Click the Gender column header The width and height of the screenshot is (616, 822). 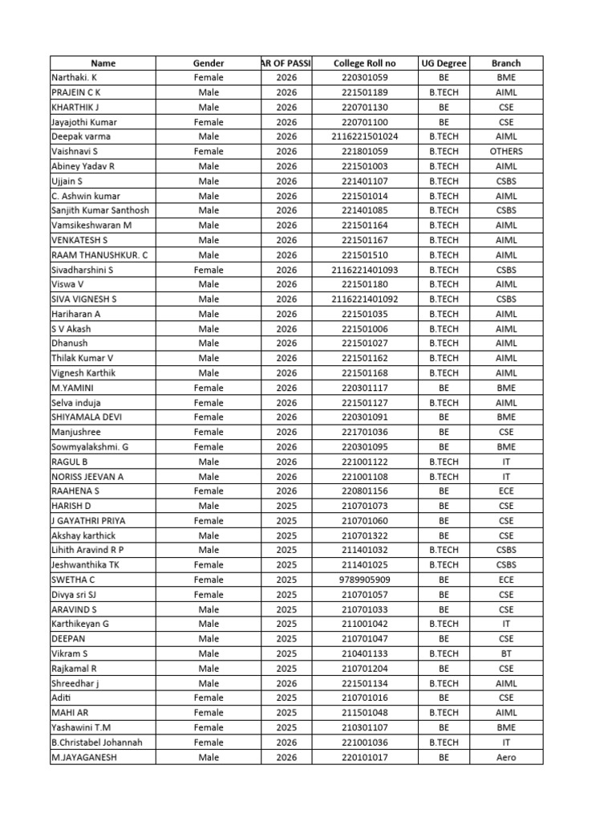209,63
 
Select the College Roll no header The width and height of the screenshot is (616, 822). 364,63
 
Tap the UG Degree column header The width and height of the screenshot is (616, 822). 443,63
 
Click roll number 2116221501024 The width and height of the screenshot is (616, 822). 364,136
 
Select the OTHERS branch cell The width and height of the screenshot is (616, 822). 505,151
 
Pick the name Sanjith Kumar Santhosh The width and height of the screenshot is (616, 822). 99,210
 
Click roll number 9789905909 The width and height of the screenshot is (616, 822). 364,580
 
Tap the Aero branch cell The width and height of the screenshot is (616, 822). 505,757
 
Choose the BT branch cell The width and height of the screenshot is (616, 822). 505,653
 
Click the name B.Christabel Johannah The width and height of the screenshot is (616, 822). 96,743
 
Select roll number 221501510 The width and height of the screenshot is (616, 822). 364,254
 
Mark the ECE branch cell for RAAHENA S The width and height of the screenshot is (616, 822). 505,490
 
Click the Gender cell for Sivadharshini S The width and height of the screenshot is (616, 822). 209,270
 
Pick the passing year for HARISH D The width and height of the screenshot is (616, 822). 286,506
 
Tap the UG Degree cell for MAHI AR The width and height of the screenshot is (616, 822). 443,713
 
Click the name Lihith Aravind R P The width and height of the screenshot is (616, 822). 87,550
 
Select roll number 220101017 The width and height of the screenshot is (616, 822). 364,757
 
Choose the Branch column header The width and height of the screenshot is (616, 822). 505,63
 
